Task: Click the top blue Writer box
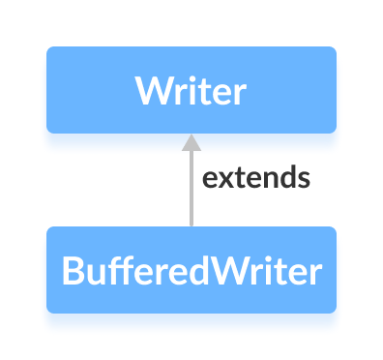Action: (x=191, y=89)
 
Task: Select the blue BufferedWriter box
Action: (x=191, y=270)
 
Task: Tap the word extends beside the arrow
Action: (x=254, y=179)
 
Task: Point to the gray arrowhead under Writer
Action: (x=191, y=142)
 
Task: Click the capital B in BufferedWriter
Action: (x=72, y=271)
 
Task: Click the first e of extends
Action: (x=207, y=180)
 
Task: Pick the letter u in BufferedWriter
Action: (x=92, y=273)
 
